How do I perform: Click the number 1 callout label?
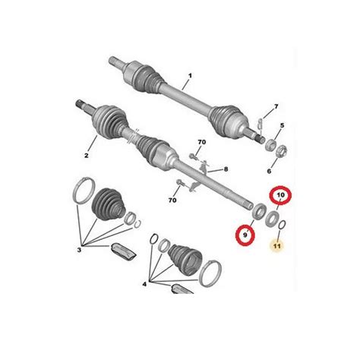point(190,76)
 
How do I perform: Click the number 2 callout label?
point(87,155)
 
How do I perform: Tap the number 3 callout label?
point(79,250)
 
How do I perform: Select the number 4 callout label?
point(144,284)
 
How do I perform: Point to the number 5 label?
point(282,125)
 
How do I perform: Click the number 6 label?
point(269,172)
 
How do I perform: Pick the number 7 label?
point(276,106)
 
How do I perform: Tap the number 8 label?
point(226,169)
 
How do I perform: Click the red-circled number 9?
point(245,235)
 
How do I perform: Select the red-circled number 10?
point(280,195)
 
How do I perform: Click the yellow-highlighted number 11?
point(277,246)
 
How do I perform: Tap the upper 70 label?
point(202,142)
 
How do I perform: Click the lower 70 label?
point(172,201)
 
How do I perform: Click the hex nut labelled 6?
point(281,151)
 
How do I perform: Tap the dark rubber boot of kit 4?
point(185,260)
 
